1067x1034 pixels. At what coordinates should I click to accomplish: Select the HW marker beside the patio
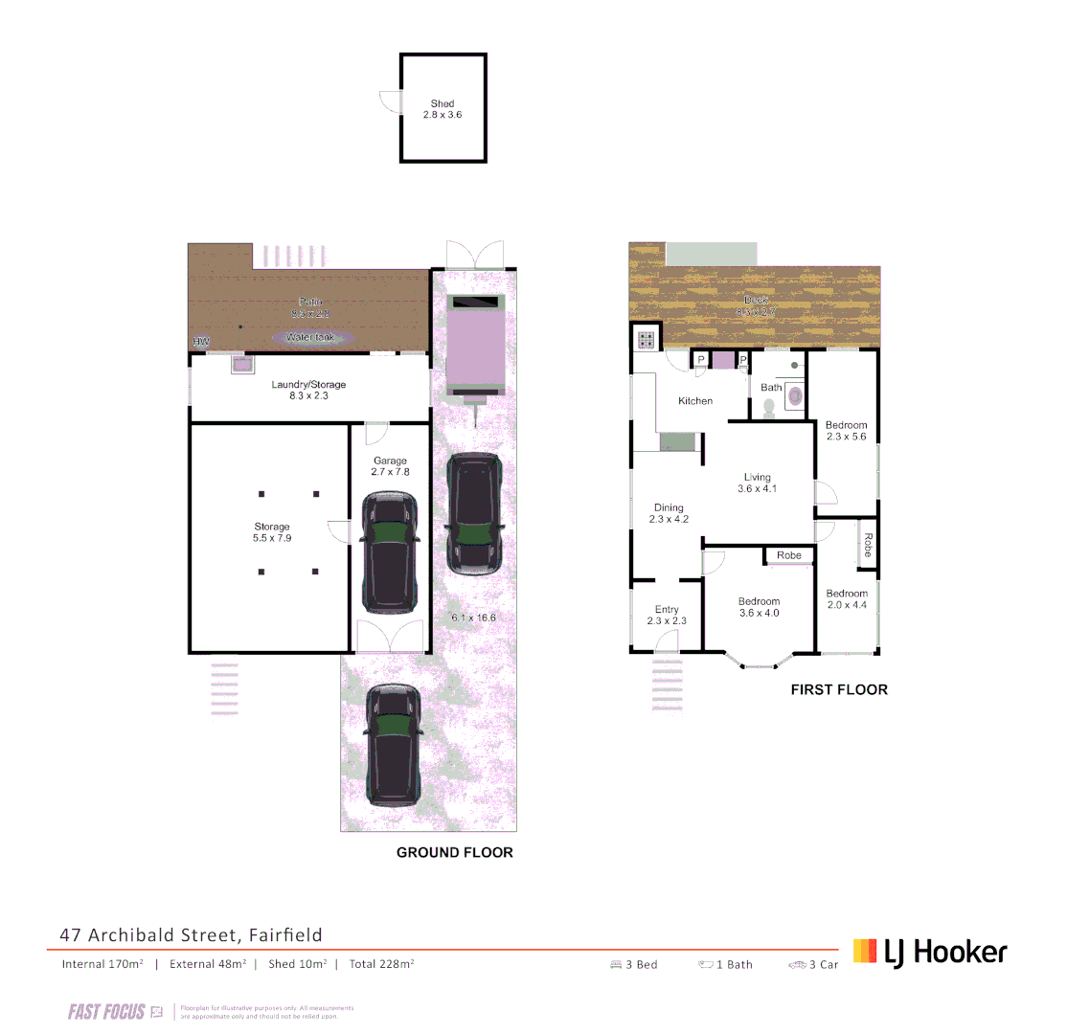click(x=201, y=342)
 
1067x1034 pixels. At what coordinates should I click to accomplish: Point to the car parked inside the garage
click(x=389, y=552)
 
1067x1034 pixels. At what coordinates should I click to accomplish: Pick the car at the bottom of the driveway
click(x=393, y=743)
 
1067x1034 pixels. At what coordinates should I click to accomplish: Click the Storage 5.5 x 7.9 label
click(x=272, y=532)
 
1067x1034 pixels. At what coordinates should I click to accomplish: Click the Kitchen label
click(x=695, y=401)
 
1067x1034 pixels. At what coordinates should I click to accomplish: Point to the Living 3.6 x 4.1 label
click(x=757, y=483)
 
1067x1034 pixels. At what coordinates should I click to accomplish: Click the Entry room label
click(x=667, y=615)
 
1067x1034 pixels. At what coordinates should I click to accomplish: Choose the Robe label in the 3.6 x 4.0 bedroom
click(x=789, y=555)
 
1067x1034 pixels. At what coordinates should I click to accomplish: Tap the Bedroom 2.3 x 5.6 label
click(x=846, y=431)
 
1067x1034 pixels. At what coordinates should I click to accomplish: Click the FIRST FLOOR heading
click(x=839, y=689)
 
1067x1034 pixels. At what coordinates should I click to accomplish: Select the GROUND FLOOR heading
click(x=455, y=852)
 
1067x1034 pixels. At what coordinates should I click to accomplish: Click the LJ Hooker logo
click(x=930, y=952)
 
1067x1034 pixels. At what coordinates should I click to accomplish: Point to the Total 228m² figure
click(x=382, y=964)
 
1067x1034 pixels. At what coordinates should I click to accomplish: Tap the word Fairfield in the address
click(x=287, y=934)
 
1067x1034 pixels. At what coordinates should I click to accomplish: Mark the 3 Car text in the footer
click(x=823, y=965)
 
